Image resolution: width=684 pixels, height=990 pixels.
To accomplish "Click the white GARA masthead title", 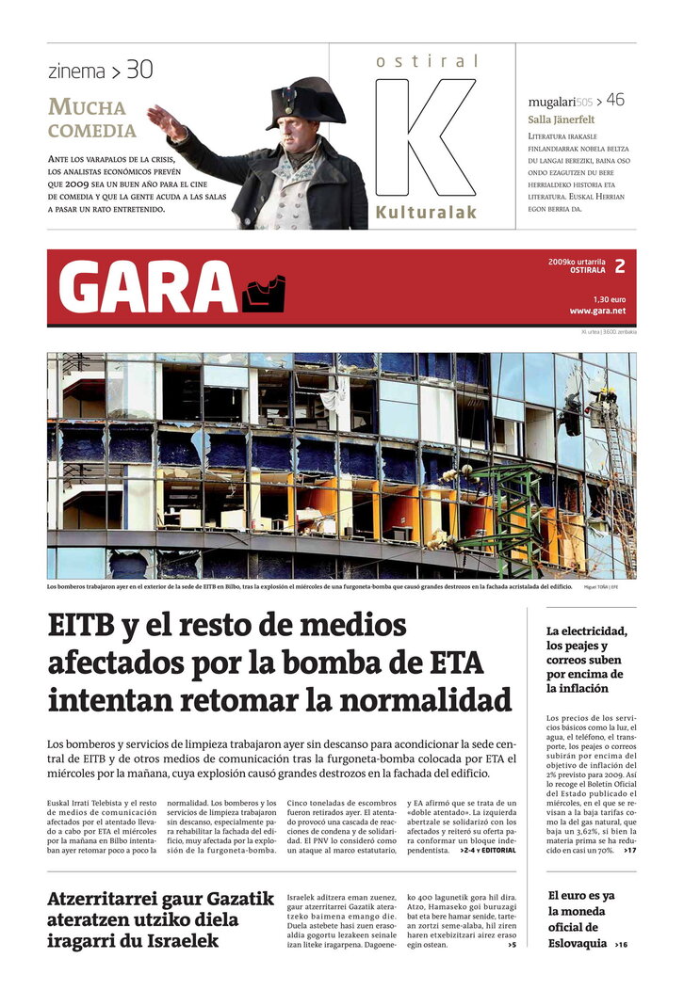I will point(147,286).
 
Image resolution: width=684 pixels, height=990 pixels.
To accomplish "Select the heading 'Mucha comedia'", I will point(92,119).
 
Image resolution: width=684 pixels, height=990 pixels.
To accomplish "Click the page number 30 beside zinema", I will point(138,70).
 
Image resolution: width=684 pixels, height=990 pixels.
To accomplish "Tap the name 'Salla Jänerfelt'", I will point(561,120).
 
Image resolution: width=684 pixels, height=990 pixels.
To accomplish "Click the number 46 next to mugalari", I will point(615,99).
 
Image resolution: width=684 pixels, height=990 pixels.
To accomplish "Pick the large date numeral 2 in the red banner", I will point(619,266).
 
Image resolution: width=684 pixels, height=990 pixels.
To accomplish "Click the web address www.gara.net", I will point(596,311).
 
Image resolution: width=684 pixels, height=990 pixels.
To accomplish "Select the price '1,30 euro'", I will point(609,298).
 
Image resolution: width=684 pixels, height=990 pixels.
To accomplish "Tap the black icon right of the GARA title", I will point(263,294).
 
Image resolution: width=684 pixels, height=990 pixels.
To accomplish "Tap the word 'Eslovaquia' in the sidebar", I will point(578,943).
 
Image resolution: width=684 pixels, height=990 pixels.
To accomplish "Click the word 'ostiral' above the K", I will point(427,61).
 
